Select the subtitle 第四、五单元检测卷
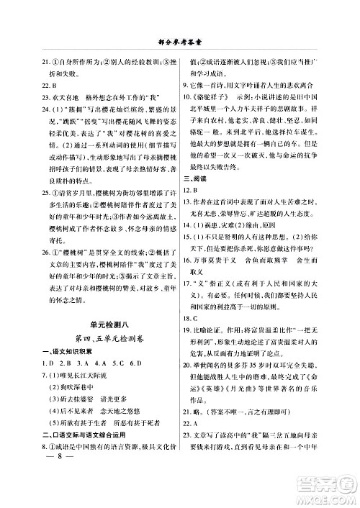98,345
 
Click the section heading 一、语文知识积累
54,360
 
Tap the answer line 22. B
32,83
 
